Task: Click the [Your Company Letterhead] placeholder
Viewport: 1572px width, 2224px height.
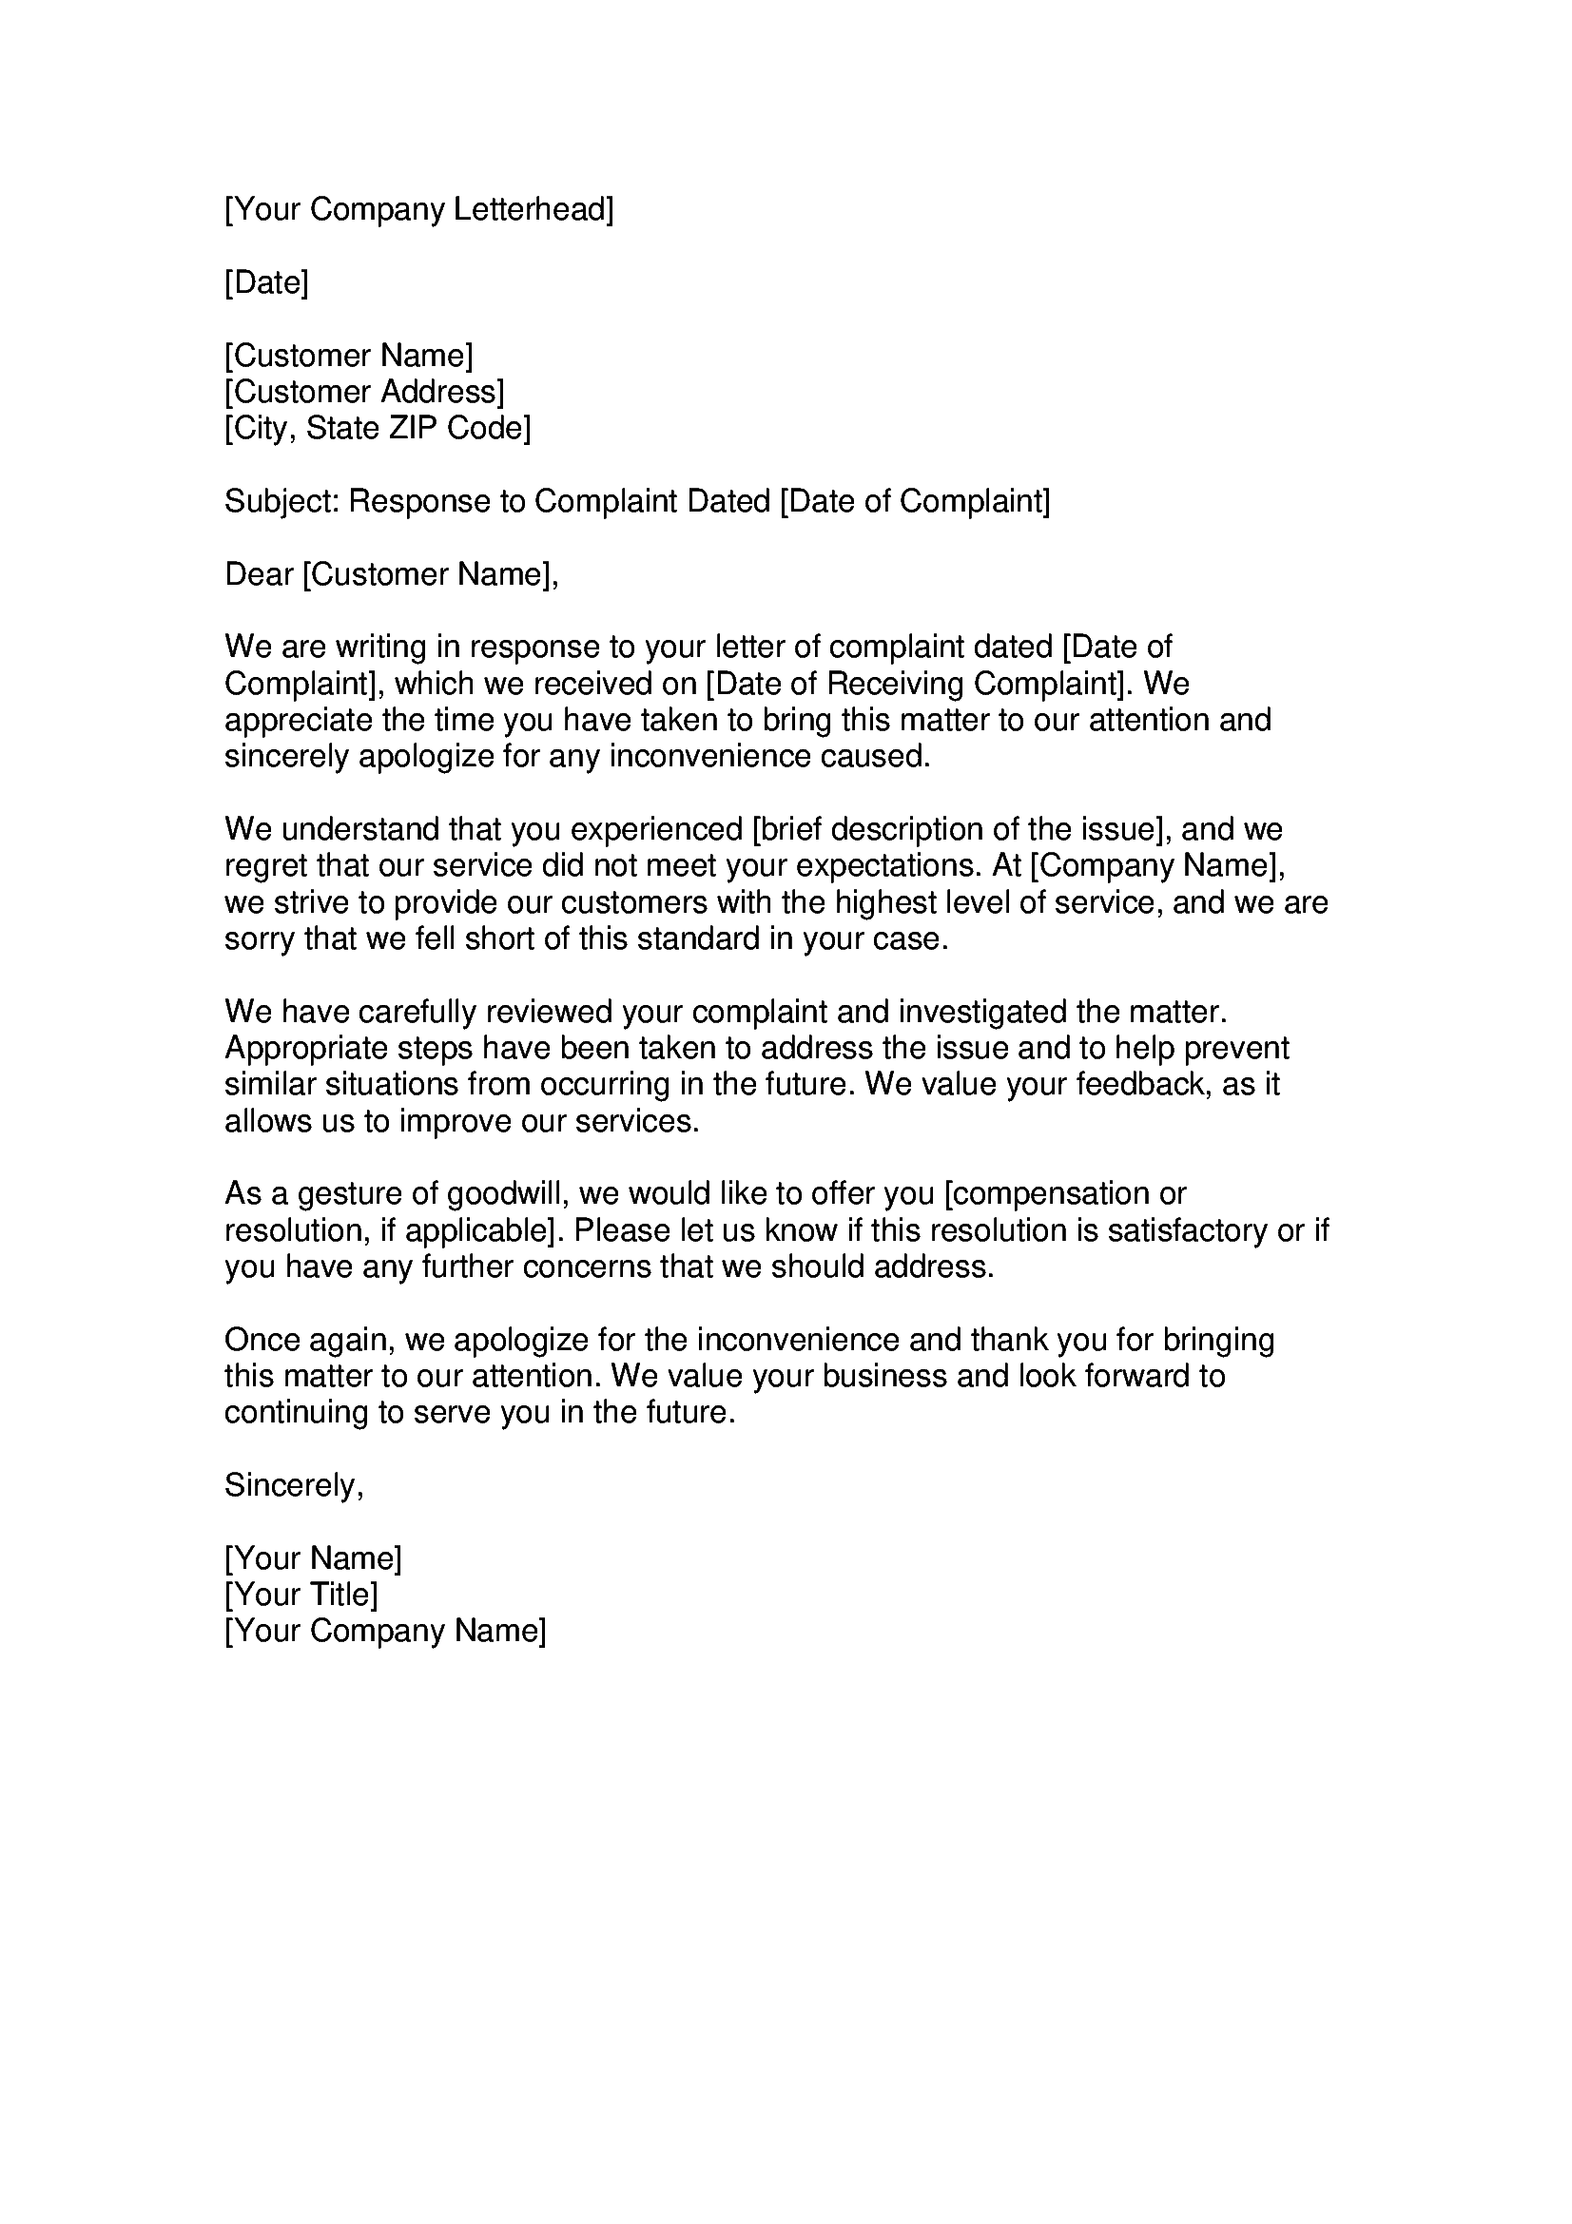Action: tap(418, 209)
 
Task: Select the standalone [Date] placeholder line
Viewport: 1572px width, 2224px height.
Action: tap(266, 282)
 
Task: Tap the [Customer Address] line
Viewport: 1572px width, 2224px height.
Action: tap(364, 393)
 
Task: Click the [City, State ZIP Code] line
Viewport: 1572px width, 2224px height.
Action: tap(378, 428)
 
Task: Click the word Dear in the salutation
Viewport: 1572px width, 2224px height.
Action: tap(259, 574)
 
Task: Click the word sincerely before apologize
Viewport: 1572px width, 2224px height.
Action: tap(285, 757)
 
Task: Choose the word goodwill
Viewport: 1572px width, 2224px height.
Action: tap(505, 1194)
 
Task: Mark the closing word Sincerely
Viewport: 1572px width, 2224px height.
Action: tap(294, 1486)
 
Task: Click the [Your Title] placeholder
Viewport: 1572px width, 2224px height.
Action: tap(301, 1595)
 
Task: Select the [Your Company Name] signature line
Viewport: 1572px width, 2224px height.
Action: tap(385, 1632)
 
